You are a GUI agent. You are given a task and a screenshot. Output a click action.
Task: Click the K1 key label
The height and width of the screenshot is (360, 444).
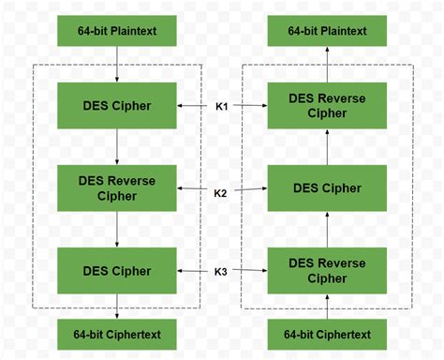221,106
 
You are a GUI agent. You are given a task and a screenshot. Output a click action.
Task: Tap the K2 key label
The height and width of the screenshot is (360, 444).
221,193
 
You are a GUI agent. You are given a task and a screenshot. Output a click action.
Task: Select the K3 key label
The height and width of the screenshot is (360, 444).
221,272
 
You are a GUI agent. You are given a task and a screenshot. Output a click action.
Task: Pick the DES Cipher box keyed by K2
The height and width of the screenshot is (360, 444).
327,187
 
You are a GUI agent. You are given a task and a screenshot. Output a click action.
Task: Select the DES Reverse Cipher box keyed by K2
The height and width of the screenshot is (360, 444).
116,187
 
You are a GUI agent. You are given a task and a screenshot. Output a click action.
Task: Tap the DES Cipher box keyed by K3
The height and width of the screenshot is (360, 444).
116,272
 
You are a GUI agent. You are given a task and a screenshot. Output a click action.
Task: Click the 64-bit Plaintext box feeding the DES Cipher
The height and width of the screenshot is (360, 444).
116,31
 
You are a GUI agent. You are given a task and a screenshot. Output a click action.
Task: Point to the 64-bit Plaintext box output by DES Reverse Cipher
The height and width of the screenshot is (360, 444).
327,31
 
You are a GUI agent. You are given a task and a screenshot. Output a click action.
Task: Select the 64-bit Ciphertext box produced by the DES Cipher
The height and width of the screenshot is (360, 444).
116,334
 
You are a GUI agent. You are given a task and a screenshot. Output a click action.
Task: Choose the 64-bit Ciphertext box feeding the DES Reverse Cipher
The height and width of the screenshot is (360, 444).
327,334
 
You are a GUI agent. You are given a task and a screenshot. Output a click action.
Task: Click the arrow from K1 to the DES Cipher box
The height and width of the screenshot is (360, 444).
193,106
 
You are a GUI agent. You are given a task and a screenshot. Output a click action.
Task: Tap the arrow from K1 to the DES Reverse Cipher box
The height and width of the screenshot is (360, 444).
249,106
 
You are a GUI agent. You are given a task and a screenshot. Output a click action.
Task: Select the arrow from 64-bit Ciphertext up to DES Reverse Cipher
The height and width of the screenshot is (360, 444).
327,307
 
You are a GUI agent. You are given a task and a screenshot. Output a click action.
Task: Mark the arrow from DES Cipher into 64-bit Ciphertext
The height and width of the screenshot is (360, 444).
116,307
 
